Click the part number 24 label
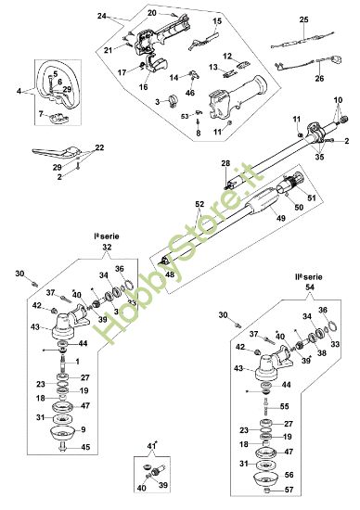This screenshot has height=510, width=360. click(102, 16)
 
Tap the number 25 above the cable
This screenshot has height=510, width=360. click(303, 19)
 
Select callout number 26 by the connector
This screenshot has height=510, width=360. click(320, 79)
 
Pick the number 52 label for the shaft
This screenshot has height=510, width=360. click(199, 201)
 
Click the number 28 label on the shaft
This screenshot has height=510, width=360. click(225, 163)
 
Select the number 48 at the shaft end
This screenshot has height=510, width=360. click(169, 274)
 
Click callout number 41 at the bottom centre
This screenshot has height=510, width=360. click(152, 447)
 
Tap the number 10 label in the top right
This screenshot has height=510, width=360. click(339, 98)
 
